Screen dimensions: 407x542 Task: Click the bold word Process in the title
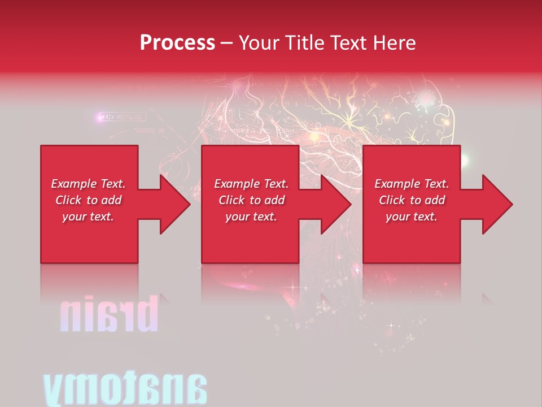click(x=177, y=43)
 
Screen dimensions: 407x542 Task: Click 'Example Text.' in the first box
click(x=88, y=184)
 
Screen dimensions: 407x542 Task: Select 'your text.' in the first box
click(x=88, y=217)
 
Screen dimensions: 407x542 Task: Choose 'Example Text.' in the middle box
click(x=251, y=184)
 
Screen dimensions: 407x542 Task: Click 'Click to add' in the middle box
click(x=251, y=200)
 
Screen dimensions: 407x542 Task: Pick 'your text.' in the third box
click(x=412, y=217)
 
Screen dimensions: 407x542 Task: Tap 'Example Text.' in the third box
click(x=412, y=184)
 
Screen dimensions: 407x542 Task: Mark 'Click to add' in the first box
click(x=88, y=200)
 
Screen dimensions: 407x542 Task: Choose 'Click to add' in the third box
click(x=412, y=200)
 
